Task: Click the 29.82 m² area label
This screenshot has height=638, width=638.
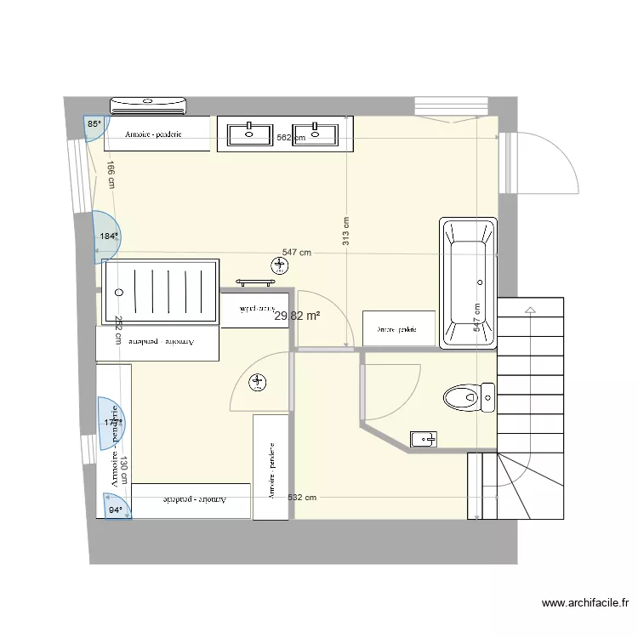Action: [297, 316]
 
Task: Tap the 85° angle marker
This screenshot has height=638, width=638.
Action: [94, 124]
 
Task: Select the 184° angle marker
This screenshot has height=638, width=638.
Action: [108, 236]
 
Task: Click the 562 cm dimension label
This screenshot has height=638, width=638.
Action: [290, 138]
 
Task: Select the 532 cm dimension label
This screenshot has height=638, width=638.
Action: [302, 498]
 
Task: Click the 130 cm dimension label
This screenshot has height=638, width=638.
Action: [124, 470]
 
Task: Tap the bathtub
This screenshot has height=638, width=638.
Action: [467, 283]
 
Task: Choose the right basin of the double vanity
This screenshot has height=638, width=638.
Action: [316, 132]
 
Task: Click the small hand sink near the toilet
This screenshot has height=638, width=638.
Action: [423, 439]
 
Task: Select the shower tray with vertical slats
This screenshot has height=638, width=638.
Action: [161, 292]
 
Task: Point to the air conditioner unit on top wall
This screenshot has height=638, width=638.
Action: [148, 105]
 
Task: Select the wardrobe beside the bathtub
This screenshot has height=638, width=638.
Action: [398, 328]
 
